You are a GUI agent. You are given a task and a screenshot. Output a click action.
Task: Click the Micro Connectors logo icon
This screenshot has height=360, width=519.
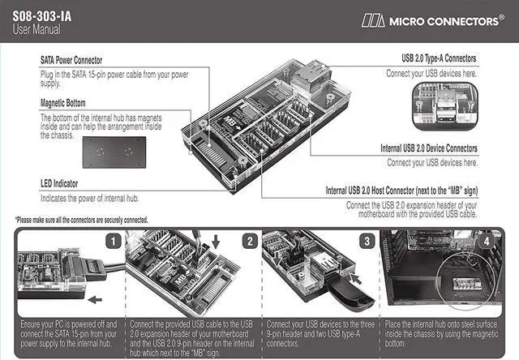[x=374, y=19]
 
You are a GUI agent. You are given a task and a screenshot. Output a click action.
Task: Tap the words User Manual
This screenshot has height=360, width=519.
[x=36, y=30]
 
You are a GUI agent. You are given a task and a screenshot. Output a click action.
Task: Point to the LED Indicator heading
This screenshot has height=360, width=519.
[x=64, y=184]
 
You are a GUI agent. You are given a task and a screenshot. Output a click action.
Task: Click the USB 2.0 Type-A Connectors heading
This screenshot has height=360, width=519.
[x=439, y=59]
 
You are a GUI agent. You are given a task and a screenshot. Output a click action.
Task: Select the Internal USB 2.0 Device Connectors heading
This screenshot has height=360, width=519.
[x=428, y=149]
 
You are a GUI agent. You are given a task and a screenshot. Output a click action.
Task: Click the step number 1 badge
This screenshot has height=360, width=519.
[x=115, y=241]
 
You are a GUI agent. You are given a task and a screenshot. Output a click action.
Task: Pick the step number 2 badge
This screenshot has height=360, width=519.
[x=251, y=241]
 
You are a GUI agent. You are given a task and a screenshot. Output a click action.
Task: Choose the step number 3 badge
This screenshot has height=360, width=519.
[x=367, y=241]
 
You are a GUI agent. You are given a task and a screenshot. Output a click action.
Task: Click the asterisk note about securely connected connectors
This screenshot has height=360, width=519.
[x=81, y=220]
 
